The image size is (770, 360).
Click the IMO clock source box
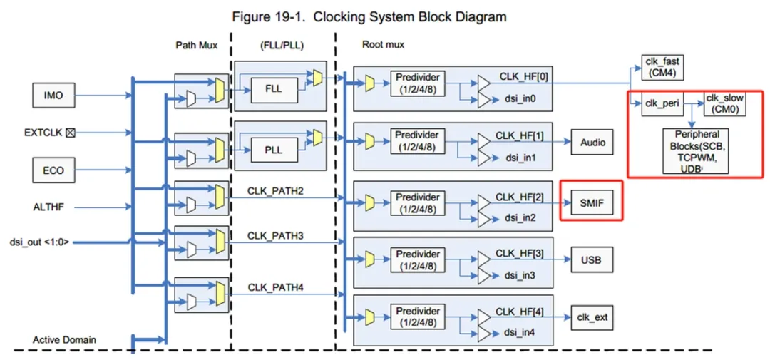pos(53,96)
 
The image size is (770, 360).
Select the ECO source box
pos(53,170)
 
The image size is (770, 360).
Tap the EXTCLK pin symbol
pos(70,133)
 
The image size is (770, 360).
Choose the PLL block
pos(274,150)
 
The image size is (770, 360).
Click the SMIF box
pos(592,202)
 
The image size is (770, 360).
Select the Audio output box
pos(592,143)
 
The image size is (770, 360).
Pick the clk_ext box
pos(592,317)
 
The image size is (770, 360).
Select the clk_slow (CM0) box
pos(725,103)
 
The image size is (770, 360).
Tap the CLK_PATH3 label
pos(275,236)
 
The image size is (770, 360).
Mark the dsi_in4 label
pos(520,332)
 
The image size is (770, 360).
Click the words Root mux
pos(383,45)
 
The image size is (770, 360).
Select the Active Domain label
pos(64,339)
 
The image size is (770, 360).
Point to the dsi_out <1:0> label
pos(39,242)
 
